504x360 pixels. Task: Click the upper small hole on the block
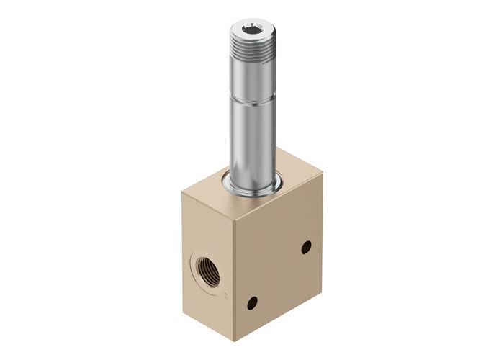306,247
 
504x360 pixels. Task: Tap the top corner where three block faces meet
233,216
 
